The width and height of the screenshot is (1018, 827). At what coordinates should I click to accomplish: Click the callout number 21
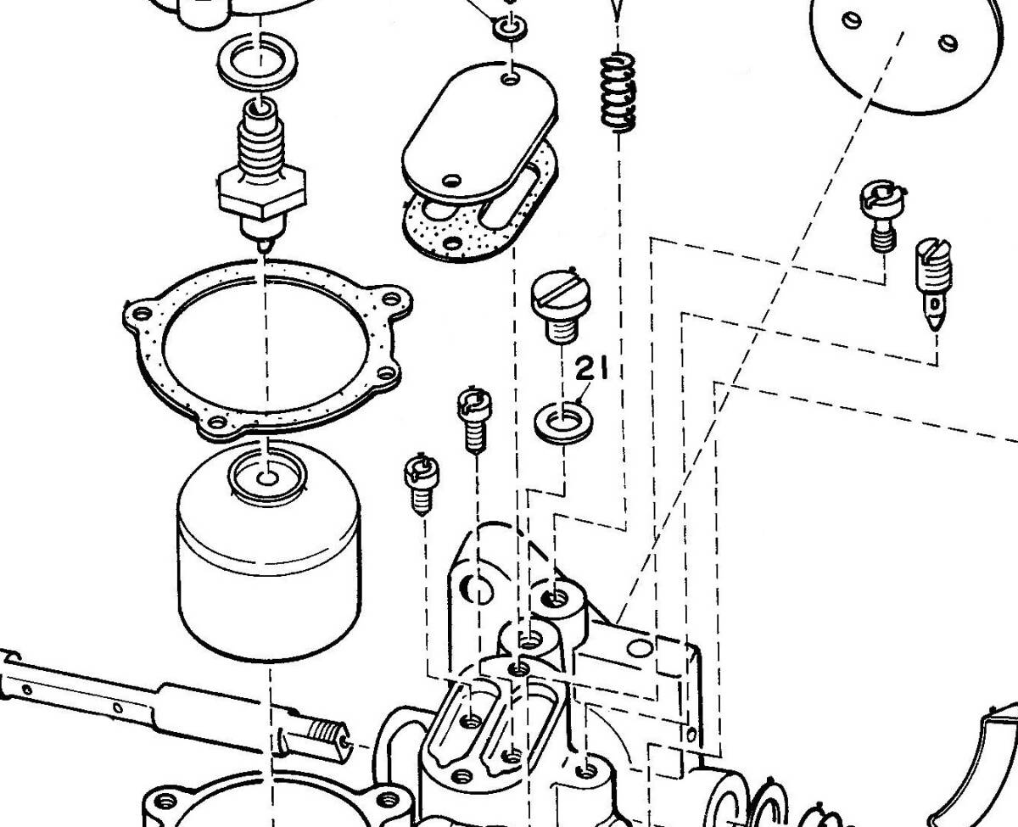click(593, 370)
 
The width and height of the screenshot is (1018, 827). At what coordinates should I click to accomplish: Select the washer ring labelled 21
click(563, 419)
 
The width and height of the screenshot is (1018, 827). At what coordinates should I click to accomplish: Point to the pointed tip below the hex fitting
click(264, 243)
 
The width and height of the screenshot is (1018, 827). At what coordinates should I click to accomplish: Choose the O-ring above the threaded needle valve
click(259, 62)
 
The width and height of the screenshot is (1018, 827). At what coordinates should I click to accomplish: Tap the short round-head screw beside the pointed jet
click(881, 212)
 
